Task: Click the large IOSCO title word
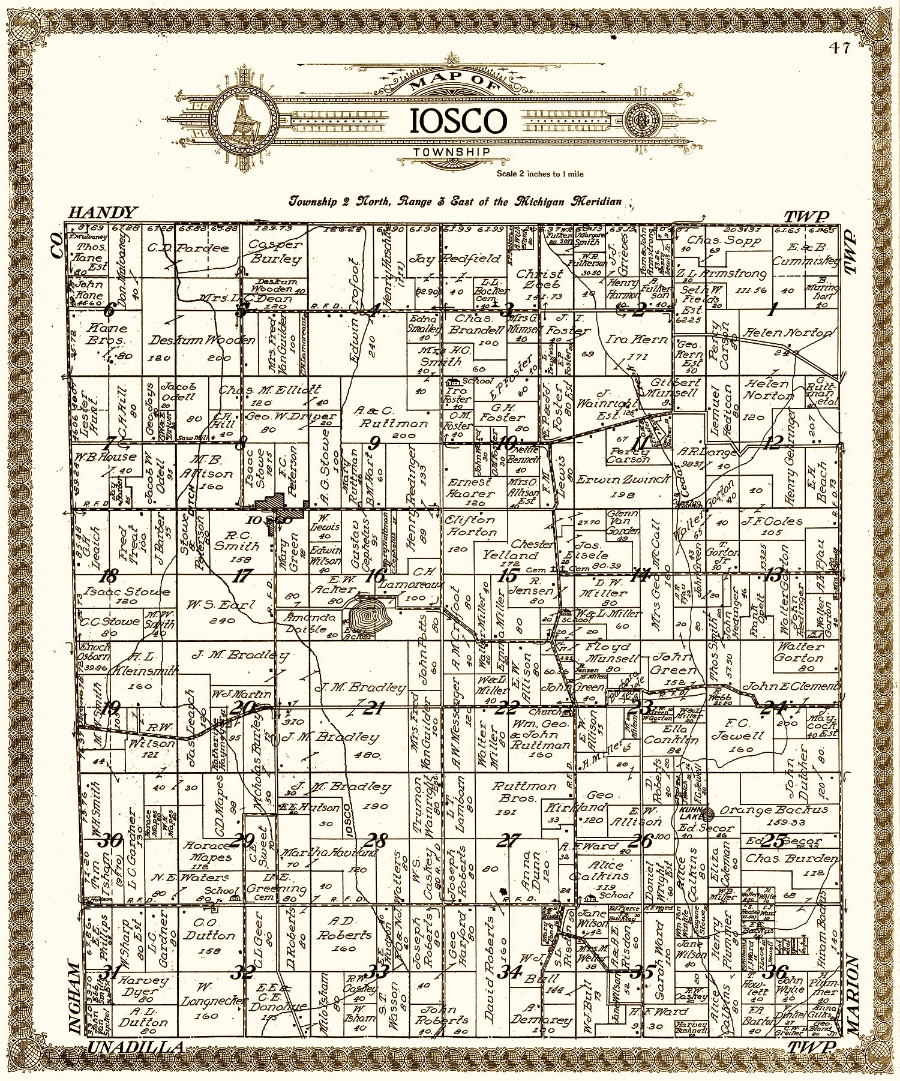tap(457, 121)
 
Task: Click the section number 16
tap(376, 576)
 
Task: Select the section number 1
tap(772, 311)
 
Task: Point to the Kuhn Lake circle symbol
tap(708, 814)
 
